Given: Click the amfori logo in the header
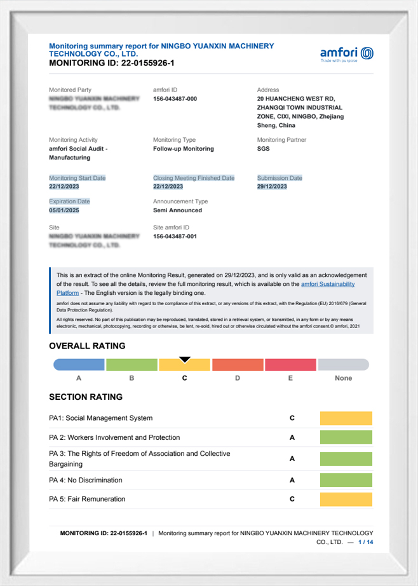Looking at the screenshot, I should pyautogui.click(x=347, y=54).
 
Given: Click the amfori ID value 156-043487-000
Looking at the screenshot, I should pyautogui.click(x=175, y=99).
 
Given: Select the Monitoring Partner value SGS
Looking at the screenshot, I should pyautogui.click(x=263, y=149).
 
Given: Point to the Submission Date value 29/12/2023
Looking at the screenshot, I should pyautogui.click(x=272, y=187).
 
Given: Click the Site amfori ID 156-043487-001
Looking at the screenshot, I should pyautogui.click(x=175, y=236).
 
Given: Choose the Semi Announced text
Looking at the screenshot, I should pyautogui.click(x=177, y=210).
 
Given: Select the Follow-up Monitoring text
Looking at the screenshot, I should pyautogui.click(x=184, y=149).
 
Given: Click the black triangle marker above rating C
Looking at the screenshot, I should pyautogui.click(x=185, y=360).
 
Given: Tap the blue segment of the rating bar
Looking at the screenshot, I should pyautogui.click(x=79, y=365).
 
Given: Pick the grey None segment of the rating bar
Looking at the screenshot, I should pyautogui.click(x=343, y=365).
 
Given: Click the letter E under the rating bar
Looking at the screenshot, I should pyautogui.click(x=290, y=378).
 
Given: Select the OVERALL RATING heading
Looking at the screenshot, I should pyautogui.click(x=87, y=346).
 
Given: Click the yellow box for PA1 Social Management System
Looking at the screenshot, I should pyautogui.click(x=346, y=418).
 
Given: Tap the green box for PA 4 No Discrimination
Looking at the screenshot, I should pyautogui.click(x=346, y=480).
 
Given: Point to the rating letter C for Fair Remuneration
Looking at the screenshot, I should pyautogui.click(x=292, y=499).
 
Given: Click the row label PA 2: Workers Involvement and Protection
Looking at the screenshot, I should pyautogui.click(x=114, y=437).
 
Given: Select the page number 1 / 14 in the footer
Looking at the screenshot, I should pyautogui.click(x=366, y=542).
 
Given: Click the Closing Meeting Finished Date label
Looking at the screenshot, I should pyautogui.click(x=194, y=178).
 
